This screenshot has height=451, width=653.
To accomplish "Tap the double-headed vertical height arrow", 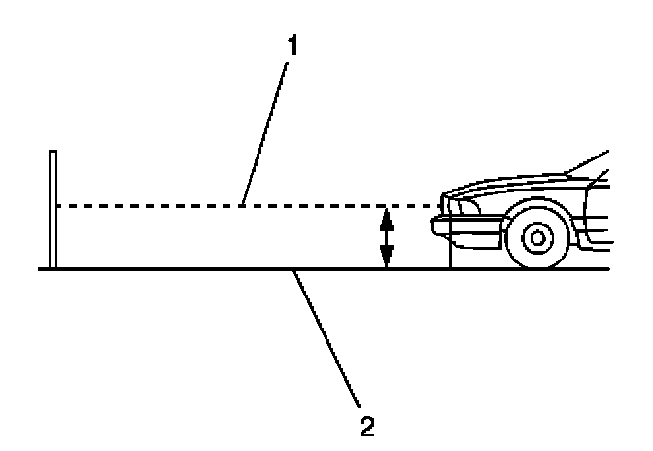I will point(386,237).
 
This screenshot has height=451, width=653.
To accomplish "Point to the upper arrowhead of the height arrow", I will point(386,215).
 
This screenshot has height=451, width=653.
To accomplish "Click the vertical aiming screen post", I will point(53,209).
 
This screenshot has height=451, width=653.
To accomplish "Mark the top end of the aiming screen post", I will point(53,152).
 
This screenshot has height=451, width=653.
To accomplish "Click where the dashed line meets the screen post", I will point(57,205).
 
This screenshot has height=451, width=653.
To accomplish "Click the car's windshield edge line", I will point(588,162).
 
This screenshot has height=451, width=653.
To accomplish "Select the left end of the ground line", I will point(41,269).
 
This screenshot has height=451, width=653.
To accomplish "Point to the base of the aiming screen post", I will point(53,267).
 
